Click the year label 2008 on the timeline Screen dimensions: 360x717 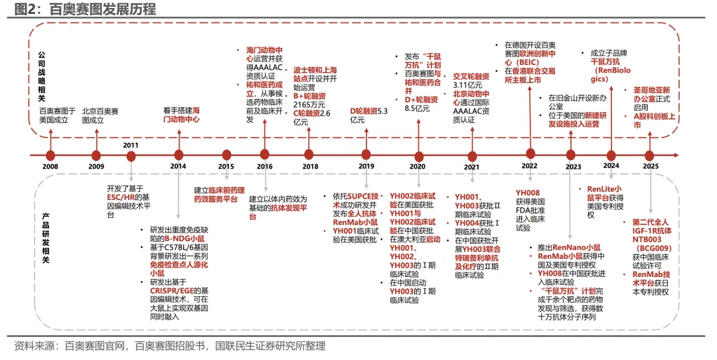coord(50,167)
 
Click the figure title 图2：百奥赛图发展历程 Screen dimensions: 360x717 coord(84,9)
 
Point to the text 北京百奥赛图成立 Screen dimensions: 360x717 coord(100,116)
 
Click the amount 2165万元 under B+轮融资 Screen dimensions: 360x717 coord(309,105)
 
